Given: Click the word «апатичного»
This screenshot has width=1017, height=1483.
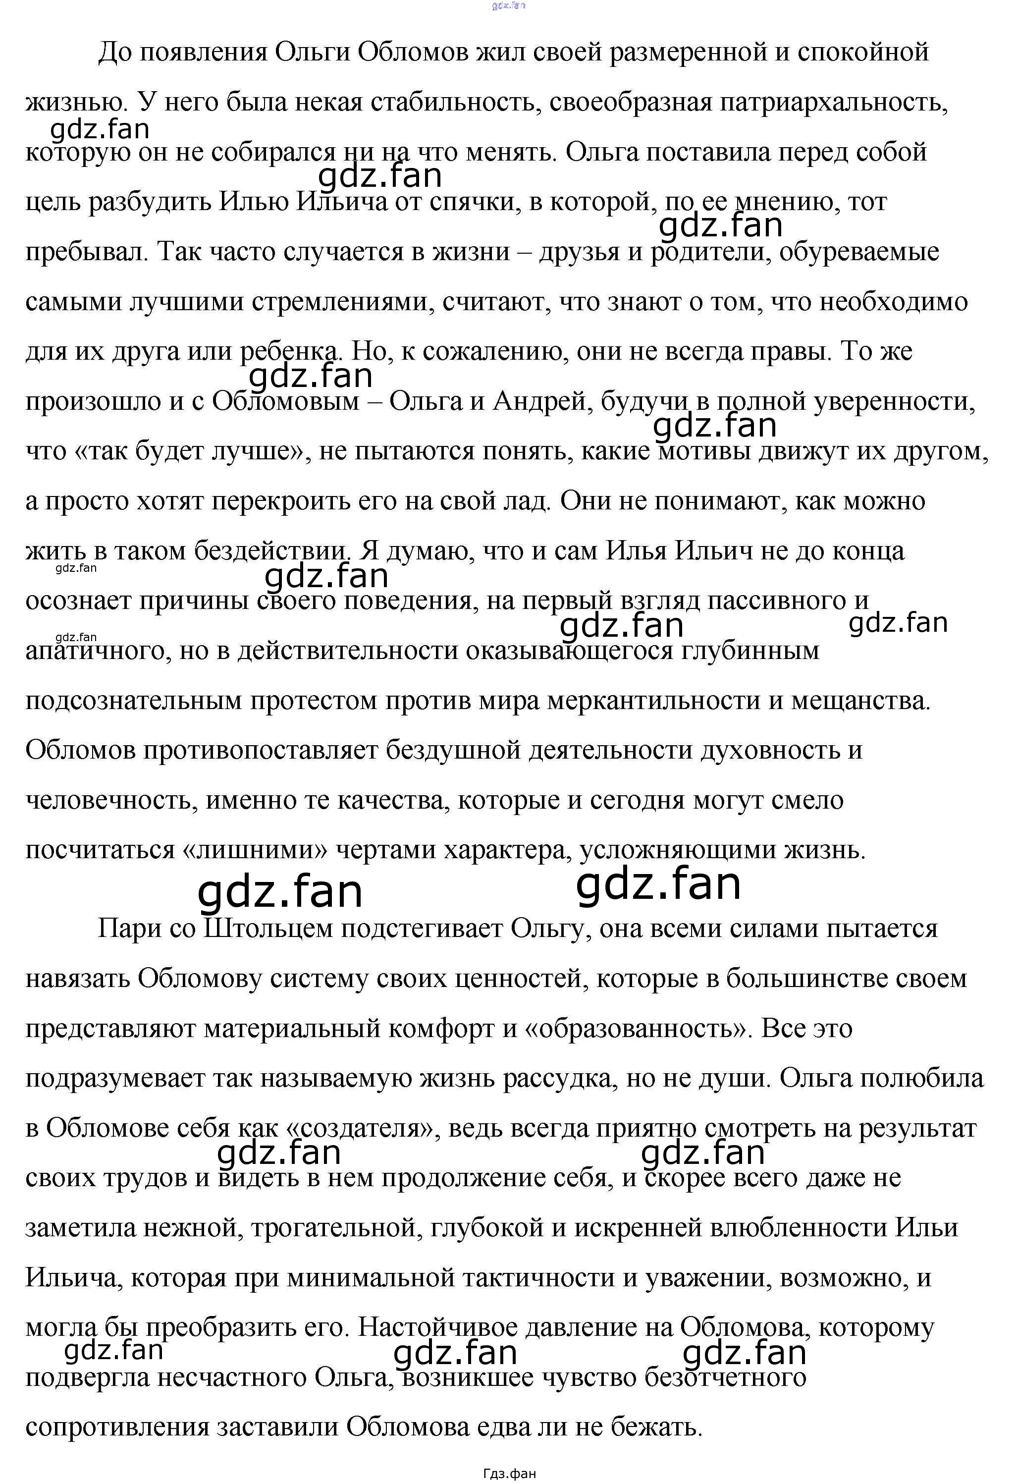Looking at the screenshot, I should point(95,651).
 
